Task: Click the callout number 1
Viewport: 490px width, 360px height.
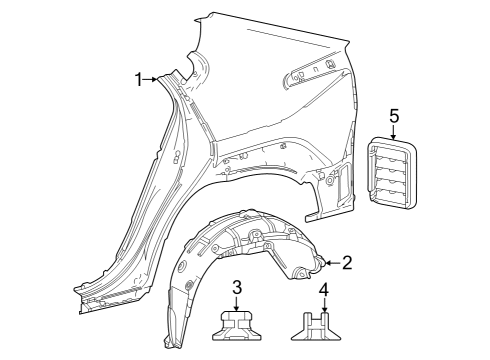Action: (x=138, y=80)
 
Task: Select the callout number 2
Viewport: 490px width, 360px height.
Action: (x=347, y=263)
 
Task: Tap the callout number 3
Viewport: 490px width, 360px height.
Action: (x=237, y=287)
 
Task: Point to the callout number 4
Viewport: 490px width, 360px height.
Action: (x=324, y=289)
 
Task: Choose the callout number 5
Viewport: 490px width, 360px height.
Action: (x=394, y=116)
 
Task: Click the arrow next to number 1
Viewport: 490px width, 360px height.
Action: (x=150, y=79)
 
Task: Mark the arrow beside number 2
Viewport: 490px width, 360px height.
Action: (x=333, y=263)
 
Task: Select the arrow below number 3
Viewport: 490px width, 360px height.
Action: (x=237, y=304)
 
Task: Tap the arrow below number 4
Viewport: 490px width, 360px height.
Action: (x=324, y=306)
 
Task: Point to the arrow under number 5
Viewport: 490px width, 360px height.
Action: (x=394, y=132)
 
